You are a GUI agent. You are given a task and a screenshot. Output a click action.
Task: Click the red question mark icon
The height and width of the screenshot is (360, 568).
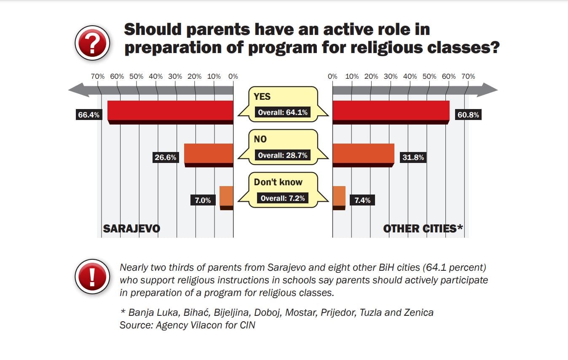pos(92,43)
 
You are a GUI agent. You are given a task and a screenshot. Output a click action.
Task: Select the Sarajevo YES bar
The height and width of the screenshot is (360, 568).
pos(170,112)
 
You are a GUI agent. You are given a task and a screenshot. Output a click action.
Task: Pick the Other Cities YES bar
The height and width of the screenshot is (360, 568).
pos(391,112)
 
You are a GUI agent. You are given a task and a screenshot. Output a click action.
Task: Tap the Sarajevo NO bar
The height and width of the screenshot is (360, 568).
pos(209,154)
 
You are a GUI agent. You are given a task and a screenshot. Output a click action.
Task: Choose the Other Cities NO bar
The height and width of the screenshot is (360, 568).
pos(363,154)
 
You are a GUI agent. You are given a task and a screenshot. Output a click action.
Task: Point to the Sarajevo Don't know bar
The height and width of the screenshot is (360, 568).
pos(226,197)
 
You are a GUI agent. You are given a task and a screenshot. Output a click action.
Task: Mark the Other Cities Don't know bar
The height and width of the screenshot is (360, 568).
pos(339,197)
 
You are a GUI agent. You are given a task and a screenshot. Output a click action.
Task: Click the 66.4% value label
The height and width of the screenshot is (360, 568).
pos(89,115)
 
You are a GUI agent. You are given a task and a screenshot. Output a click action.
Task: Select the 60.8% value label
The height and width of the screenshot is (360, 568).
pos(468,115)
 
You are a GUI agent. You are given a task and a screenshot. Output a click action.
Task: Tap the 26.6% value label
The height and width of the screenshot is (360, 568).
pos(166,157)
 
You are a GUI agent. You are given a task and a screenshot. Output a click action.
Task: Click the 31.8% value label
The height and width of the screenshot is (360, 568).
pos(413,157)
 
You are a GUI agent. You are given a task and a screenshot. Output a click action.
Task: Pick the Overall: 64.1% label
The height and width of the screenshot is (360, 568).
pos(283,112)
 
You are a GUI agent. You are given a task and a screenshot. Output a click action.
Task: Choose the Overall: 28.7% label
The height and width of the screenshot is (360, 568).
pos(283,155)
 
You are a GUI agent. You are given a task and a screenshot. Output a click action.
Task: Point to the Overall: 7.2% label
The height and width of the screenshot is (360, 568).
pos(283,198)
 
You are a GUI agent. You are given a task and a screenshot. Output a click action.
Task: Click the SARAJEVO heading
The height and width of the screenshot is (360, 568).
pos(131,229)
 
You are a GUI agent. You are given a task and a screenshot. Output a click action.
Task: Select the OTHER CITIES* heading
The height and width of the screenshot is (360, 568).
pos(423,229)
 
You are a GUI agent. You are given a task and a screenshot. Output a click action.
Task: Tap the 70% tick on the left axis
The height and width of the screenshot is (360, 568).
pos(98,77)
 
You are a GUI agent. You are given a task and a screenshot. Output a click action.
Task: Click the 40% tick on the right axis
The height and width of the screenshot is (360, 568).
pos(410,77)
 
